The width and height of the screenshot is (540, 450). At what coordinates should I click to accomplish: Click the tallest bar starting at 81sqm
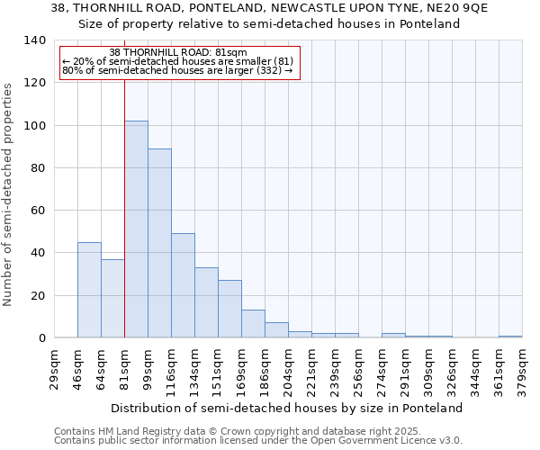coord(136,229)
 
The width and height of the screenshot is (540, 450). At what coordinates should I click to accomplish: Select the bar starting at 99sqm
coord(159,243)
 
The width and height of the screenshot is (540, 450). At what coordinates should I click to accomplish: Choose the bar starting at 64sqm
coord(112,299)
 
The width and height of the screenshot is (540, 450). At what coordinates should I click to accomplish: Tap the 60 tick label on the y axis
coord(38,211)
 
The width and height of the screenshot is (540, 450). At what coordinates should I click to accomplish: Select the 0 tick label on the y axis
coord(41,338)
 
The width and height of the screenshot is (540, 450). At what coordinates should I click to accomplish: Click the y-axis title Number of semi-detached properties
coord(8,194)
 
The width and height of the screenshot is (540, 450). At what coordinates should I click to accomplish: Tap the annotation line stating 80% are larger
coord(178,70)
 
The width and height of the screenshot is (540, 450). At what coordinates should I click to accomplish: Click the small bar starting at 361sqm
coord(510,337)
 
